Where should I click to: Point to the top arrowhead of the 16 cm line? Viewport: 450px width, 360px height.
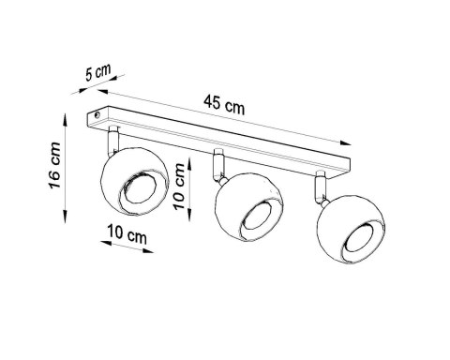pos(64,119)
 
